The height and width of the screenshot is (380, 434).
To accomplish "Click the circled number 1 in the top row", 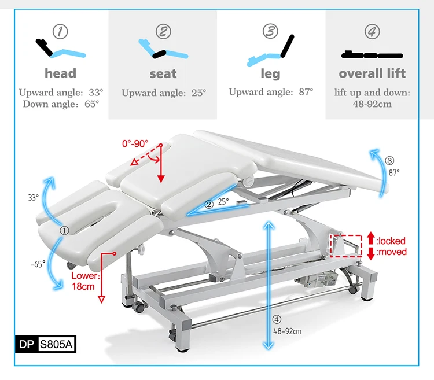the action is pos(60,32).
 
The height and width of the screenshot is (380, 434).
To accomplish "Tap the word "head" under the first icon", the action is pos(60,73).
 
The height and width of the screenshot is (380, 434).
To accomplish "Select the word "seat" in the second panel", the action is pos(163,74).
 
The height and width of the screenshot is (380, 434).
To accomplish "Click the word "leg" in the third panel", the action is pos(270,74).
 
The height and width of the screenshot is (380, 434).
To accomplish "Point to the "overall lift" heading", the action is pos(372,73).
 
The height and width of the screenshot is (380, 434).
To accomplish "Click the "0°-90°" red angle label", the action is pos(135,143).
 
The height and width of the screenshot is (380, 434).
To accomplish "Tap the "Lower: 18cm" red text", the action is pos(84,281).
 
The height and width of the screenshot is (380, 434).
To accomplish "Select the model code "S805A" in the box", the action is pos(56,344).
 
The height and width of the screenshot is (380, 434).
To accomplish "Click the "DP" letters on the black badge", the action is pos(26,344).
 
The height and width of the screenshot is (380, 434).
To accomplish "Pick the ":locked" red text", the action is pos(391,241).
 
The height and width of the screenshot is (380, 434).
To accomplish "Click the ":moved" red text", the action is pos(391,252).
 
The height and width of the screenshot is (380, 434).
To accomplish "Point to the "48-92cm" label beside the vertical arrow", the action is pos(287,331).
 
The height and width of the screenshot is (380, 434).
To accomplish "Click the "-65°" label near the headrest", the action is pos(38,264).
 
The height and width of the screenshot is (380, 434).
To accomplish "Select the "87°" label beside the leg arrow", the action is pos(394,172).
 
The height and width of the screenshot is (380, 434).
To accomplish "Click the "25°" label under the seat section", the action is pos(223,202).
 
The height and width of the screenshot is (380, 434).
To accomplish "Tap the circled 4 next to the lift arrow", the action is pos(277,319).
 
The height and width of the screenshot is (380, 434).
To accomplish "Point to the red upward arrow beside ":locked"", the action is pos(371,238).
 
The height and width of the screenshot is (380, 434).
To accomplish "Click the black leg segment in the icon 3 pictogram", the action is pos(287,46).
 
